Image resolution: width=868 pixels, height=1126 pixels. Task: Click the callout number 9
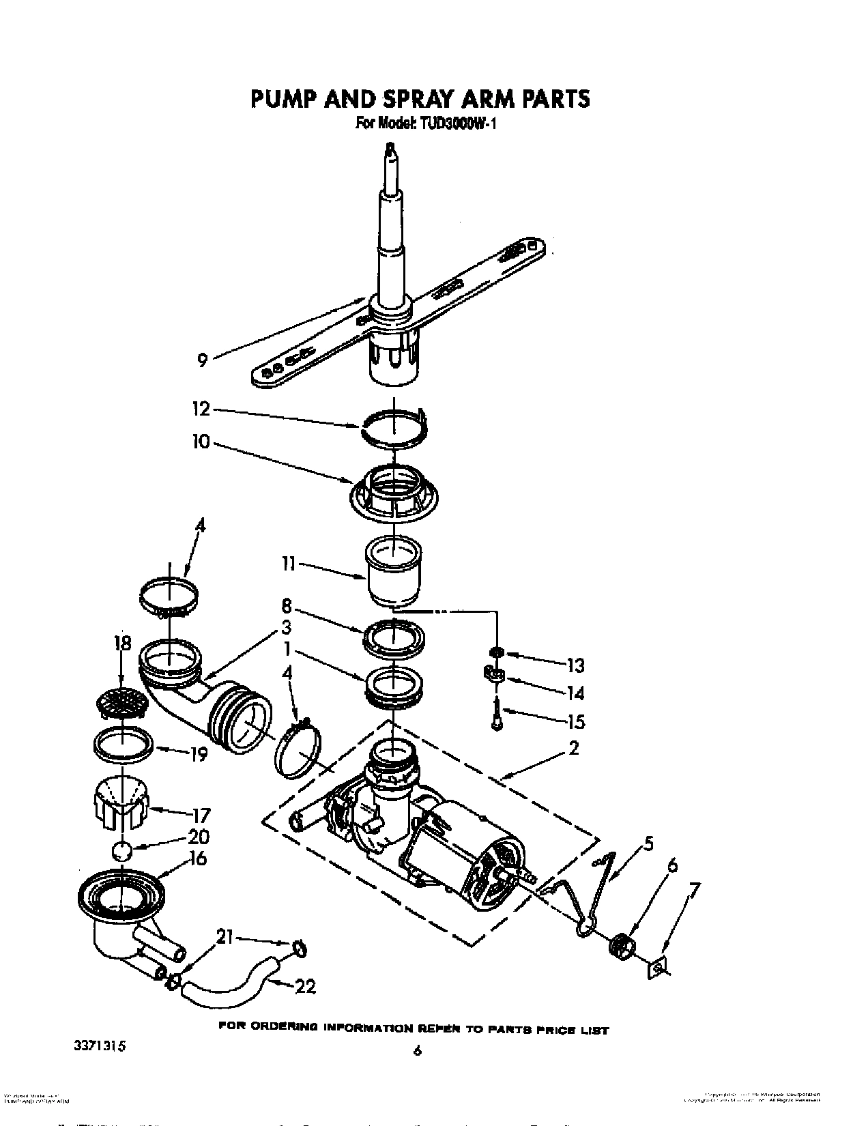click(x=203, y=360)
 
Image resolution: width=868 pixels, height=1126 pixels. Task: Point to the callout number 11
click(x=288, y=564)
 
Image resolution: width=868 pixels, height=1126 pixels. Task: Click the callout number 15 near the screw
click(x=576, y=721)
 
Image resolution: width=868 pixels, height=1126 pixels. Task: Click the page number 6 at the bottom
click(x=418, y=1051)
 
